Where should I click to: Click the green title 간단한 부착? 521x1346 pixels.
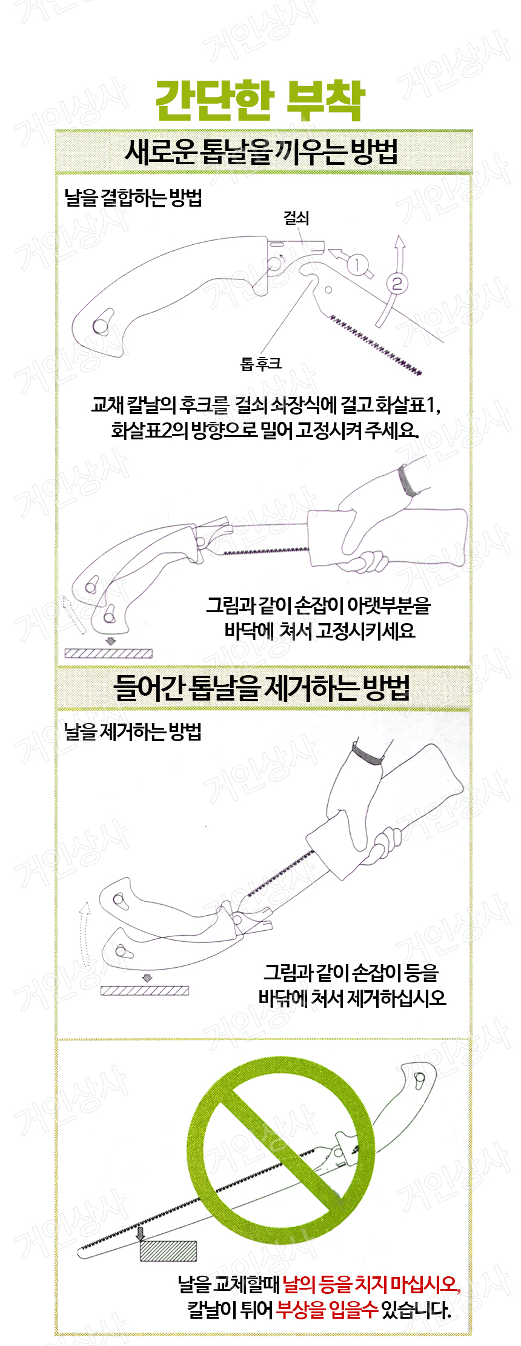[260, 101]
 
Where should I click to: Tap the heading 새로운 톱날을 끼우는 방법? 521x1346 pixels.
[261, 152]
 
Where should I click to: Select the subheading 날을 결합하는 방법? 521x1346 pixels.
[133, 198]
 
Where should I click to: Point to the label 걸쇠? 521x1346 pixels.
[296, 218]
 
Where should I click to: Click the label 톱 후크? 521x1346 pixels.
[260, 364]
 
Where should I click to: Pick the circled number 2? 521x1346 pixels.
[397, 283]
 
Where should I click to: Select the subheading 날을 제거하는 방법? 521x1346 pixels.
[133, 731]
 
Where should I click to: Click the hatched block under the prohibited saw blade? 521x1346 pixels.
[168, 1250]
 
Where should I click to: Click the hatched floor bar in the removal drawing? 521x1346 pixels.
[144, 990]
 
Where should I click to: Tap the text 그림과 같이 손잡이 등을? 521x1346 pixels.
[351, 973]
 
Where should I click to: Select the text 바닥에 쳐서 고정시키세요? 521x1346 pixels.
[320, 630]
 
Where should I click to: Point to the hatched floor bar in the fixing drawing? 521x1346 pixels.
[108, 653]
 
